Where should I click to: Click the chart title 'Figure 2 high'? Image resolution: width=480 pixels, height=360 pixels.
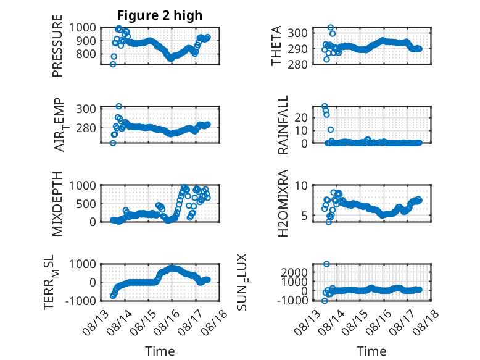[x=160, y=15]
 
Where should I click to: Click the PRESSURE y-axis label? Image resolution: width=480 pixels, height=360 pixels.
[x=57, y=46]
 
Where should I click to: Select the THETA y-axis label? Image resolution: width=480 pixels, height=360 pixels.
[x=276, y=46]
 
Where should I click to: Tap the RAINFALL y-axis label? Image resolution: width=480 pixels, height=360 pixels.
[x=283, y=125]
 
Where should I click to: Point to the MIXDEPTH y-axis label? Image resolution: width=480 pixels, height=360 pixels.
[x=57, y=204]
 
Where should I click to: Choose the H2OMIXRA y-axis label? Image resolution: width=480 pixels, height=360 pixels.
[x=283, y=203]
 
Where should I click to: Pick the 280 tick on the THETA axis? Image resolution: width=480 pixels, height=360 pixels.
[x=297, y=65]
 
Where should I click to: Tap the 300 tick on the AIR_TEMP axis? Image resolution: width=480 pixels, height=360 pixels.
[x=86, y=109]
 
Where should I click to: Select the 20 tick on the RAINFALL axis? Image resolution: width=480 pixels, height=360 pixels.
[x=301, y=117]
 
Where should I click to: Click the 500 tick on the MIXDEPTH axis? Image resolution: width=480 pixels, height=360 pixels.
[x=86, y=204]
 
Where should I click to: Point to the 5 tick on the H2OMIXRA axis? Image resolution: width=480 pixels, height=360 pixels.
[x=304, y=216]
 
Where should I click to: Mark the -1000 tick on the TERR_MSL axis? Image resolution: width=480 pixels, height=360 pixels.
[x=81, y=301]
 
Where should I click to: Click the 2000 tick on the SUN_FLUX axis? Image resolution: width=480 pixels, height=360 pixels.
[x=294, y=272]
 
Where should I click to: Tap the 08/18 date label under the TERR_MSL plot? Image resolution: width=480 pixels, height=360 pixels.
[x=216, y=319]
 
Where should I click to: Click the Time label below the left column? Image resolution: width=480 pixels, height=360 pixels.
[x=160, y=351]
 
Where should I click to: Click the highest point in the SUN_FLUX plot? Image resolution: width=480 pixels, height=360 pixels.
[x=326, y=264]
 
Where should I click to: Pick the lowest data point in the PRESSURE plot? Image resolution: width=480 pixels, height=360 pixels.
[x=113, y=64]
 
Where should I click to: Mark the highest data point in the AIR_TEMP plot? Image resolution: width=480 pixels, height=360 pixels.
[x=119, y=106]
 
